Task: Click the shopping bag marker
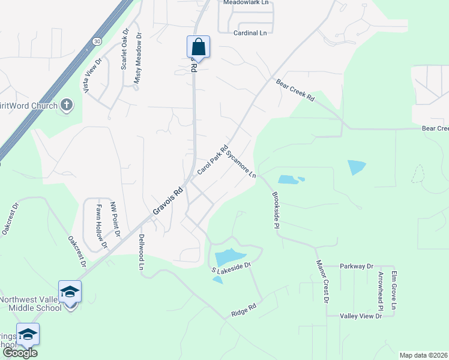click(199, 46)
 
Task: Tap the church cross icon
click(67, 106)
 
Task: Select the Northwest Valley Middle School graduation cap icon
click(70, 292)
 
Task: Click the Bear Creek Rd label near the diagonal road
click(295, 89)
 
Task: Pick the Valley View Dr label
click(361, 316)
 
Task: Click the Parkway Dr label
click(357, 266)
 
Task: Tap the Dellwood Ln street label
click(142, 251)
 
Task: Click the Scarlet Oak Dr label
click(125, 49)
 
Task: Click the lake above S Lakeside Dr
click(230, 257)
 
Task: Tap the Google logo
click(19, 353)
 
